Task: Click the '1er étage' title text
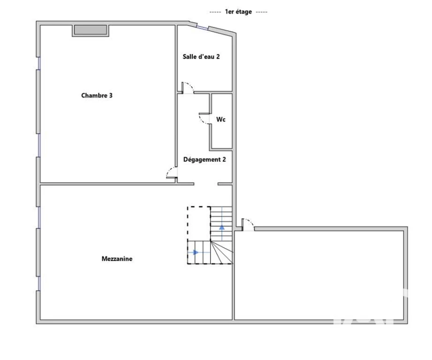(x=238, y=12)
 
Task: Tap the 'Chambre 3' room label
(x=97, y=96)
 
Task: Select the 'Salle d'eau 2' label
(x=201, y=57)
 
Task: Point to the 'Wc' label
(x=220, y=119)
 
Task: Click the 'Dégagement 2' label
(x=205, y=159)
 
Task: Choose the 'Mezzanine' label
(x=117, y=259)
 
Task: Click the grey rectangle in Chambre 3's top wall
(x=91, y=30)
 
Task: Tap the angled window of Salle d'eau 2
(x=203, y=27)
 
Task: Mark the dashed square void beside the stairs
(x=199, y=224)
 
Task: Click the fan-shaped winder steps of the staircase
(x=221, y=252)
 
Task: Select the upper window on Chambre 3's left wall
(x=39, y=63)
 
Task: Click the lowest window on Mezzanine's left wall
(x=39, y=284)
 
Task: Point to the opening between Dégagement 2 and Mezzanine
(x=206, y=184)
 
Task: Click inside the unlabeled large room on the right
(x=319, y=275)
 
